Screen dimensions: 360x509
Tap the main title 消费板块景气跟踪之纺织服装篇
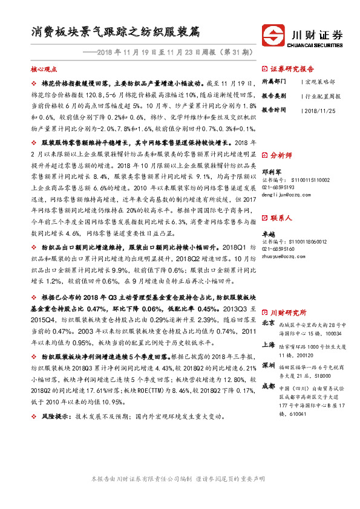(115, 31)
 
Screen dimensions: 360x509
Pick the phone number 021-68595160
(278, 248)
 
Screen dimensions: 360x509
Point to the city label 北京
(269, 323)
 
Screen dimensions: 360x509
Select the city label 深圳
(269, 367)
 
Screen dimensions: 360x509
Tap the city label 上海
(269, 345)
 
